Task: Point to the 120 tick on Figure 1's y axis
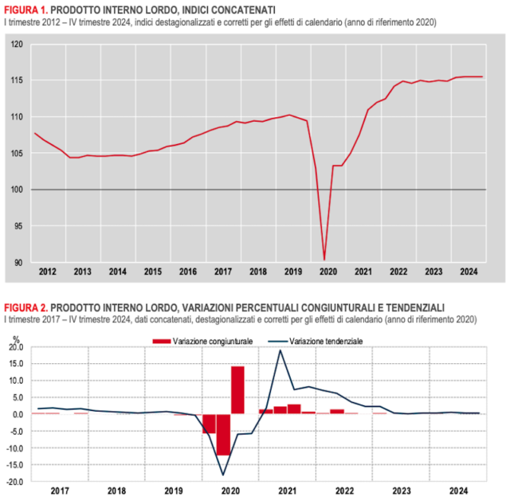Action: click(x=18, y=44)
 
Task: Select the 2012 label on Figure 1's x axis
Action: click(x=48, y=272)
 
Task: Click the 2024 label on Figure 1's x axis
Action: click(x=469, y=272)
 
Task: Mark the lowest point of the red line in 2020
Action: click(x=324, y=259)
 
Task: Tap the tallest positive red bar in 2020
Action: click(x=237, y=390)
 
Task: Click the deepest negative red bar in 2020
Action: click(x=223, y=435)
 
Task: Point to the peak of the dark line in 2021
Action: click(x=280, y=350)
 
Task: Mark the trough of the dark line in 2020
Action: click(x=223, y=475)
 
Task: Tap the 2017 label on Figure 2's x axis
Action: click(x=60, y=492)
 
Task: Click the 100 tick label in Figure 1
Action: click(x=18, y=189)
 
